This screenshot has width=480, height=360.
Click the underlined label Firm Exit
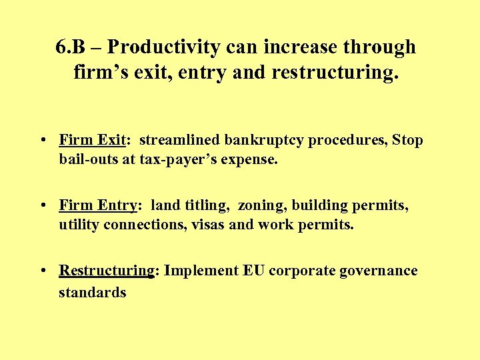pyautogui.click(x=92, y=141)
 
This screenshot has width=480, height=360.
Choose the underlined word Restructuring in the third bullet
pyautogui.click(x=107, y=271)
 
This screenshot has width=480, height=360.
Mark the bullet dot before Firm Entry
pyautogui.click(x=42, y=206)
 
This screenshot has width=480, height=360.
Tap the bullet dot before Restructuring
pyautogui.click(x=42, y=271)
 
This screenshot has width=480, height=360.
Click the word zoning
pyautogui.click(x=259, y=205)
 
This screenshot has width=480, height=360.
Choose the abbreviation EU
pyautogui.click(x=254, y=271)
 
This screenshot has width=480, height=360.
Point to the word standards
pyautogui.click(x=92, y=292)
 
